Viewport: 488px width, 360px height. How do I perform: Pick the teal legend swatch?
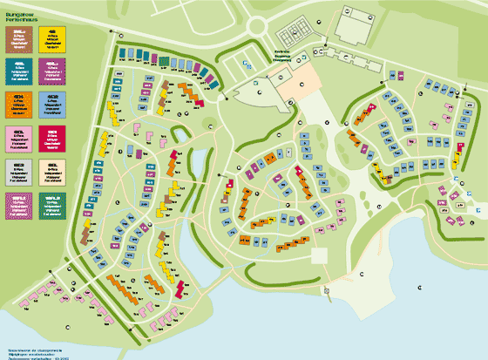[x=18, y=68]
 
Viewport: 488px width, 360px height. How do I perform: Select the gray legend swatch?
[x=18, y=169]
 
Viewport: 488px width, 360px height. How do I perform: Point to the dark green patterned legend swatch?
[x=51, y=202]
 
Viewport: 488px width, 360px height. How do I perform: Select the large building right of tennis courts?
[x=352, y=26]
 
